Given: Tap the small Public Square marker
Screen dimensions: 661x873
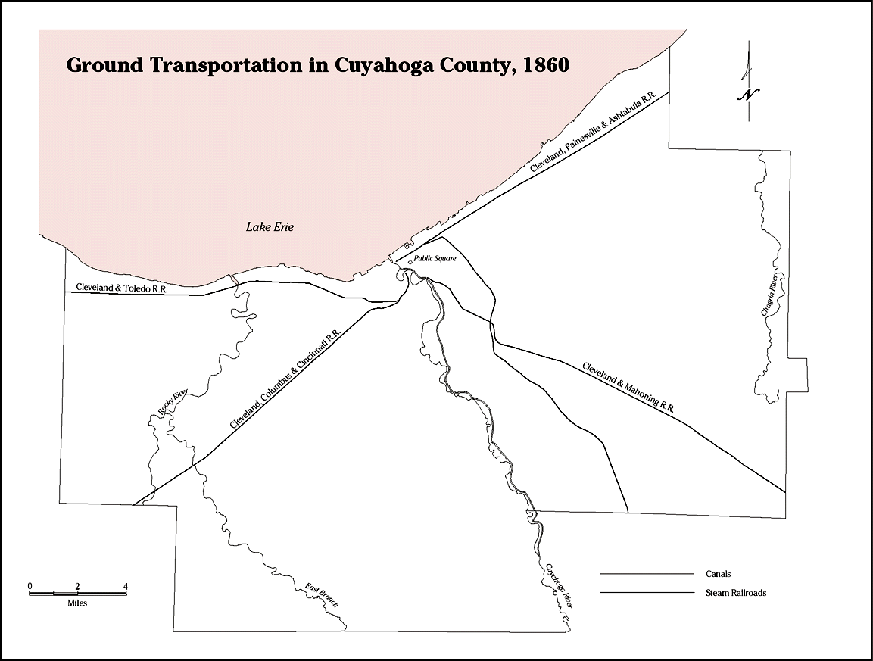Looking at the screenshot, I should tap(410, 262).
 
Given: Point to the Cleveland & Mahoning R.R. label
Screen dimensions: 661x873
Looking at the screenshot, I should tap(628, 386).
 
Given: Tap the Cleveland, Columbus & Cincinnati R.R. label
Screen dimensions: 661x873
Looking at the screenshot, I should tap(286, 382).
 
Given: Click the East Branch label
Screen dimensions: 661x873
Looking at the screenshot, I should tap(321, 595).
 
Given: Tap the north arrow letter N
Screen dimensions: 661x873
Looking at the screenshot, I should tap(748, 94).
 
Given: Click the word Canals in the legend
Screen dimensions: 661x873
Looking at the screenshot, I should tap(718, 574).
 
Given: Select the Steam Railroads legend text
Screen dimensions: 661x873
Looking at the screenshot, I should tap(735, 593).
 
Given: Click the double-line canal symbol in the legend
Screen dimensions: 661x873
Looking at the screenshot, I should tap(647, 574).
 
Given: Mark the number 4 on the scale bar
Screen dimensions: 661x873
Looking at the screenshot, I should tap(126, 586).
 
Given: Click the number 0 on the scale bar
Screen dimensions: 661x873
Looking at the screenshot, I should tap(30, 586).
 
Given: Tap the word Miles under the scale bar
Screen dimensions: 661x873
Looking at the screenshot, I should tap(77, 603).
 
